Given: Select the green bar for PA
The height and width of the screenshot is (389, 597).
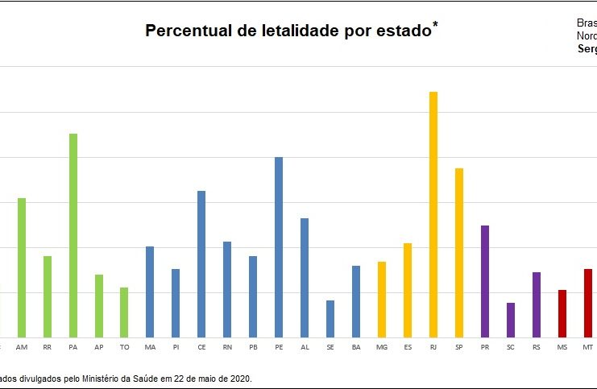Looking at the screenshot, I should pyautogui.click(x=73, y=235).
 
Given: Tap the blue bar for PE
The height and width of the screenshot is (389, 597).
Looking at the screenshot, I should pyautogui.click(x=279, y=247).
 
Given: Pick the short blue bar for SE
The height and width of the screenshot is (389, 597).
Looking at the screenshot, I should pyautogui.click(x=330, y=319).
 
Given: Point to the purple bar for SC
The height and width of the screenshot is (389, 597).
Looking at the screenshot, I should pyautogui.click(x=511, y=320).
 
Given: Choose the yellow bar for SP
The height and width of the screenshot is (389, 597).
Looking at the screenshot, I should pyautogui.click(x=459, y=253).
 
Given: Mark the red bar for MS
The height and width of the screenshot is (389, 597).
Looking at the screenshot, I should pyautogui.click(x=562, y=313).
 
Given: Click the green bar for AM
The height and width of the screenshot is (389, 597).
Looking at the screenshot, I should pyautogui.click(x=22, y=267).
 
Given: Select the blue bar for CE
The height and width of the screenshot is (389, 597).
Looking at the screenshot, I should pyautogui.click(x=201, y=264).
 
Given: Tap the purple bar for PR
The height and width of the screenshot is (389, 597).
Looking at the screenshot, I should pyautogui.click(x=485, y=281).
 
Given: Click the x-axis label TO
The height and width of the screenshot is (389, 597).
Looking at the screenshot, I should pyautogui.click(x=124, y=347).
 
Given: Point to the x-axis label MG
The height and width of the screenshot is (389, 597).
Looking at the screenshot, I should pyautogui.click(x=382, y=347).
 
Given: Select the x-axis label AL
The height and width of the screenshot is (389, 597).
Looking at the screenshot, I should pyautogui.click(x=305, y=347).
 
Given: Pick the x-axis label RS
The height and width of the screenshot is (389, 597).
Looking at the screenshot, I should pyautogui.click(x=537, y=347).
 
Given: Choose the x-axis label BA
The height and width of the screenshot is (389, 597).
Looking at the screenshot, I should pyautogui.click(x=356, y=347).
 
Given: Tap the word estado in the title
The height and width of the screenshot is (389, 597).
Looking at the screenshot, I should pyautogui.click(x=404, y=31).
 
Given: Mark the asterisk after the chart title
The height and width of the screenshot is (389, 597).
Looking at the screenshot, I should pyautogui.click(x=436, y=25).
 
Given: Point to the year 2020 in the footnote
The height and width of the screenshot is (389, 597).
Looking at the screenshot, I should pyautogui.click(x=240, y=377).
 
